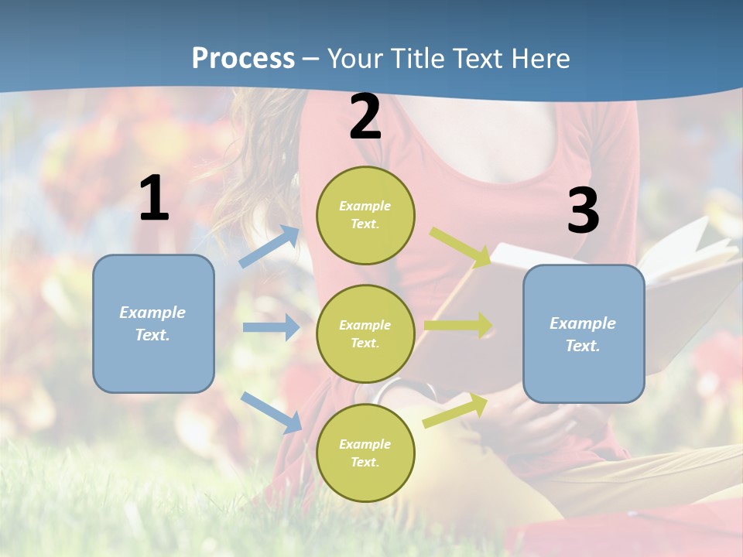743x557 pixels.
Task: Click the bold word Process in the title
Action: point(243,59)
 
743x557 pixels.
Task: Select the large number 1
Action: point(154,199)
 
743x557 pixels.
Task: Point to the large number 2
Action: point(365,118)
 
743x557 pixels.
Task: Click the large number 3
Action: point(583,211)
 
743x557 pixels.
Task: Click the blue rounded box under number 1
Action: point(153,323)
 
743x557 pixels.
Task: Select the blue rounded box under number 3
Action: point(584,334)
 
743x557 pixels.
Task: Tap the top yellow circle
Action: point(365,215)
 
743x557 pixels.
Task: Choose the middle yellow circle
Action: point(365,333)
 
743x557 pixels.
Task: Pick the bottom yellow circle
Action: point(365,453)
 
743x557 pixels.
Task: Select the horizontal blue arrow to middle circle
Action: point(271,327)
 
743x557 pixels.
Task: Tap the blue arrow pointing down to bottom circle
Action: point(271,412)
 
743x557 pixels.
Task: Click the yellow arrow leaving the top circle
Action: point(460,247)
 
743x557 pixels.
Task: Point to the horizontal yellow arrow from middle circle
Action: point(457,325)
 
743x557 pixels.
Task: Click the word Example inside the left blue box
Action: point(152,313)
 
